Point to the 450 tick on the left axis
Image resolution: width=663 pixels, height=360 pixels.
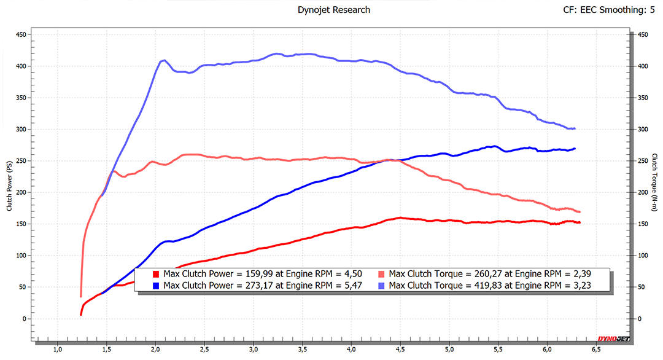pos(21,34)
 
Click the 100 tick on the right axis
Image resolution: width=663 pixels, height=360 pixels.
pos(642,256)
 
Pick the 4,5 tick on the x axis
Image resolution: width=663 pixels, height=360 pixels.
pos(400,349)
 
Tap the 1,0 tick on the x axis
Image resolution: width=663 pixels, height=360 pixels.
pos(58,349)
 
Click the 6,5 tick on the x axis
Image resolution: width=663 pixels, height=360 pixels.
pos(595,349)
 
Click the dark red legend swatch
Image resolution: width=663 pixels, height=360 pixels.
pos(157,274)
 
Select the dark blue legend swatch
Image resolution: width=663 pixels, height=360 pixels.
pos(157,285)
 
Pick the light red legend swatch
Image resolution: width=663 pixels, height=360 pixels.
pos(382,274)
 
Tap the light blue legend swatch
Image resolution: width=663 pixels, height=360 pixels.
pos(382,285)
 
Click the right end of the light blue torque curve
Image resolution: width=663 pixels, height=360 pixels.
pos(575,128)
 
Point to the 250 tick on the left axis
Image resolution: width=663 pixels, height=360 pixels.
pos(21,160)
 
